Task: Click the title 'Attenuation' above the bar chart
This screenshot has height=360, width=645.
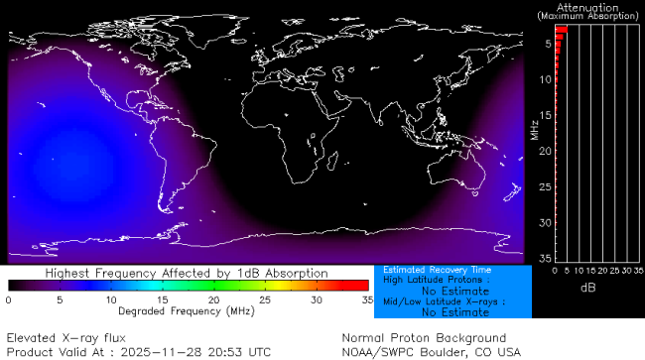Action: pyautogui.click(x=589, y=6)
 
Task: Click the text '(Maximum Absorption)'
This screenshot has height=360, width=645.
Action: pyautogui.click(x=589, y=16)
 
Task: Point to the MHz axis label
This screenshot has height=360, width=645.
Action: pyautogui.click(x=534, y=129)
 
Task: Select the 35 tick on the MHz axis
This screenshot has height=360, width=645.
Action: pyautogui.click(x=545, y=258)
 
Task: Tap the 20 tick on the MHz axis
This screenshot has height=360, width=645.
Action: pyautogui.click(x=545, y=150)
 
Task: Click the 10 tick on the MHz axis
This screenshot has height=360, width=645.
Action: pyautogui.click(x=545, y=78)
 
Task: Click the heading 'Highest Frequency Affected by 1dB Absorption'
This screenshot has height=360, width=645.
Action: pyautogui.click(x=187, y=272)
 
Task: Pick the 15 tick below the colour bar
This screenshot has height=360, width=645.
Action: pyautogui.click(x=162, y=299)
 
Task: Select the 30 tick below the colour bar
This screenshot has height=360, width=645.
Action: pyautogui.click(x=317, y=299)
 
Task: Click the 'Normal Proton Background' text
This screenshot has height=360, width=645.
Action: pyautogui.click(x=424, y=337)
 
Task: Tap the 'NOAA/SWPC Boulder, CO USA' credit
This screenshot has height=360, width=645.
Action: pyautogui.click(x=431, y=351)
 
